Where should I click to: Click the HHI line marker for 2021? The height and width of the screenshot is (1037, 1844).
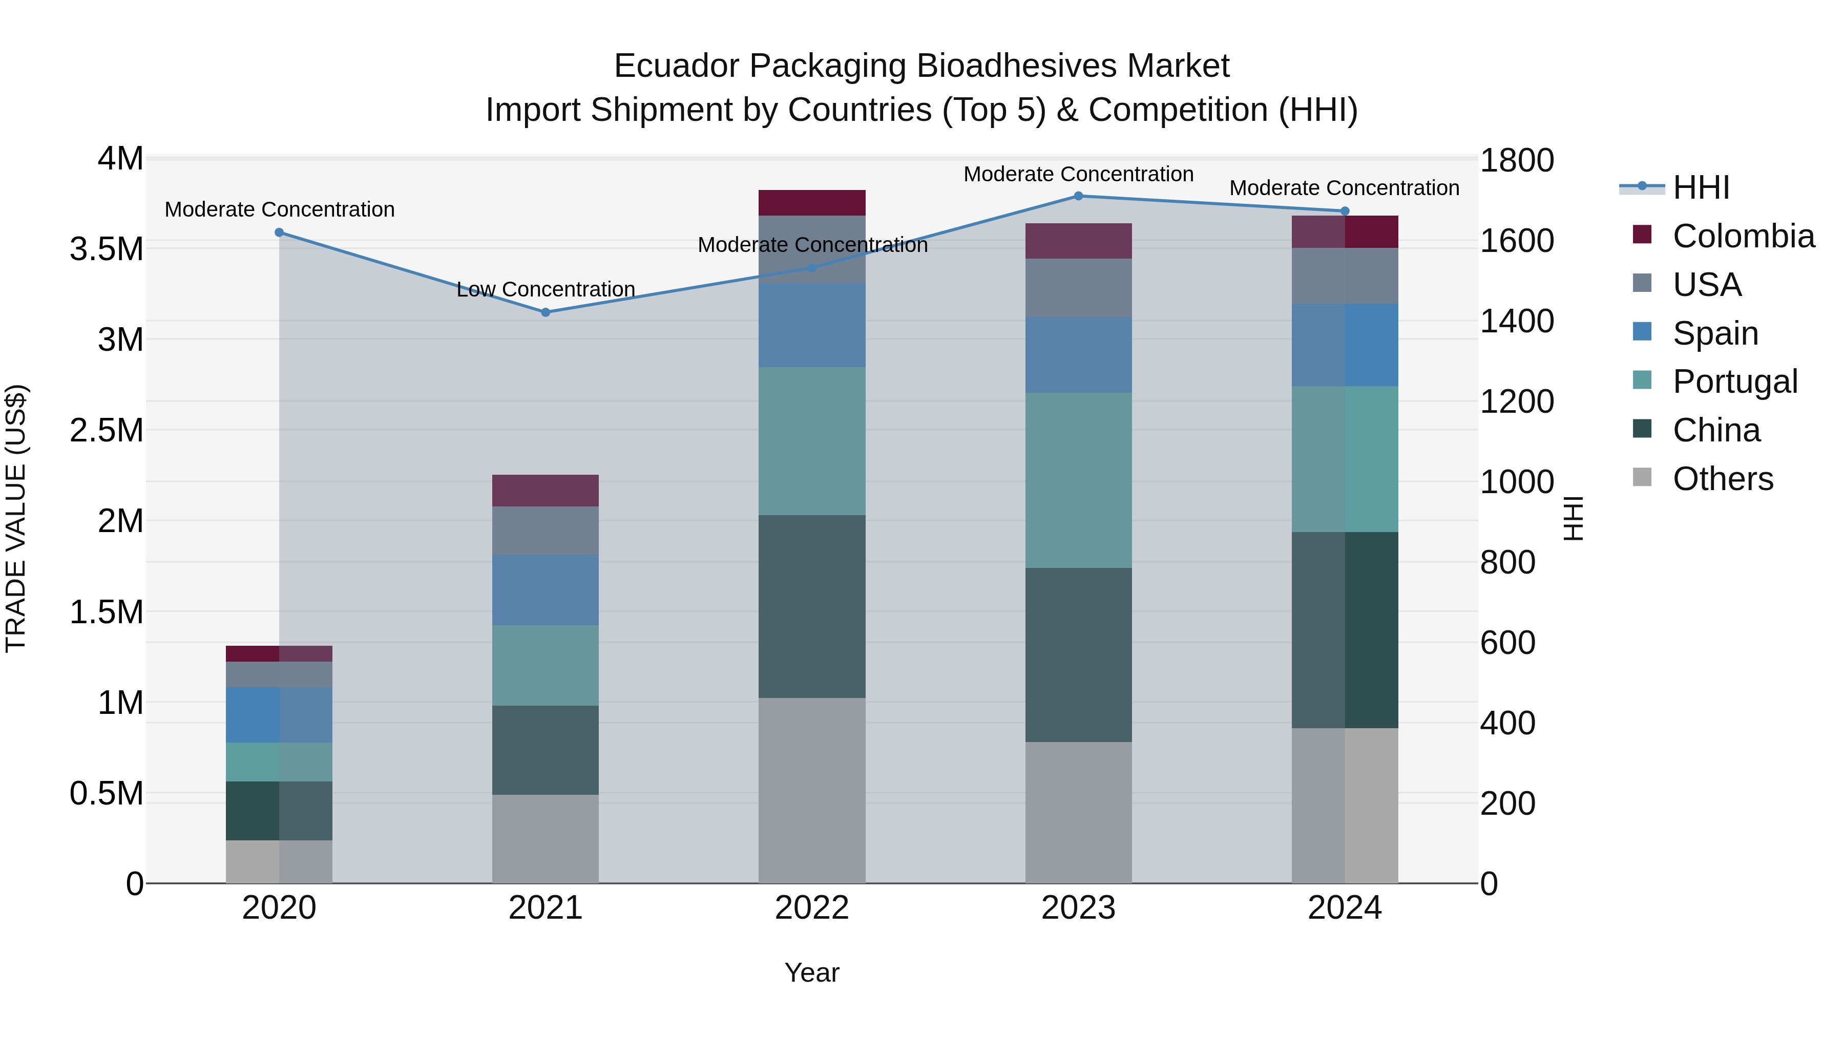tap(546, 312)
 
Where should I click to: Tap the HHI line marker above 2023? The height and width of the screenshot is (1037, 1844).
tap(1078, 196)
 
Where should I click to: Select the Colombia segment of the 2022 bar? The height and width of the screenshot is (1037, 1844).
tap(812, 202)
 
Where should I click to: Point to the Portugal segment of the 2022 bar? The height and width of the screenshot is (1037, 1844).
tap(812, 441)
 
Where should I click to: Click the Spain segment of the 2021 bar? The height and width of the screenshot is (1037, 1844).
tap(546, 590)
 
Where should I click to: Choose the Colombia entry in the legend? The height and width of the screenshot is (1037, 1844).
tap(1743, 236)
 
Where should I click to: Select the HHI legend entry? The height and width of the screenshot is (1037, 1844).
tap(1701, 187)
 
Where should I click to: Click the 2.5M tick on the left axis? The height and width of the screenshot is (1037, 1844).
tap(107, 430)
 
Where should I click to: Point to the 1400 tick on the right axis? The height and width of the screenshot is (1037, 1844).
tap(1516, 321)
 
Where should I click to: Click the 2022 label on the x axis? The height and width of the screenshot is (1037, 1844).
tap(812, 907)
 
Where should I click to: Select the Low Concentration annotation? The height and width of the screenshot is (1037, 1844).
tap(546, 289)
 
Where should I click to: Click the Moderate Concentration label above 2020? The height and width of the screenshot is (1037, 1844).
tap(279, 209)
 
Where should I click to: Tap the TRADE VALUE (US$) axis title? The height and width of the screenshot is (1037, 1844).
tap(16, 518)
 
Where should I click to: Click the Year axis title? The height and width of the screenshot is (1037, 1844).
tap(812, 972)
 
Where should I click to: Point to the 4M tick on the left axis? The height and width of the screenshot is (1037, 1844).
tap(120, 159)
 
